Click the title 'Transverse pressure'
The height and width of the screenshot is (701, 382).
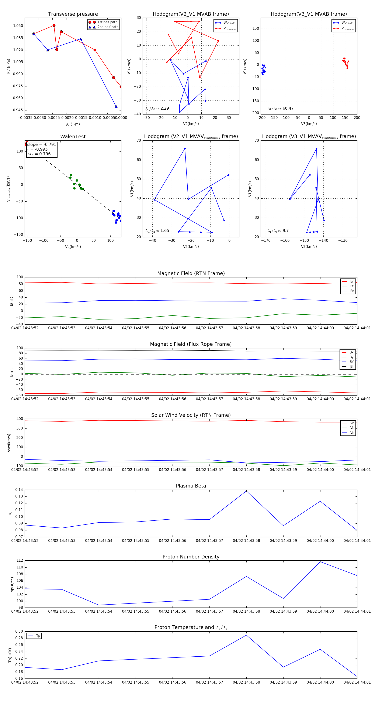[73, 14]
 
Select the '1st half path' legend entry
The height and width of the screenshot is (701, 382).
[107, 22]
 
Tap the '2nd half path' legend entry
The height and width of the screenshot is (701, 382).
[108, 27]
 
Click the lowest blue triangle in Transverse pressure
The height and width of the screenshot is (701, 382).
[116, 107]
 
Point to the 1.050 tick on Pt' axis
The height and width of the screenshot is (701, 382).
[18, 26]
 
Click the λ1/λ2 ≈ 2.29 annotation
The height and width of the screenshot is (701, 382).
[157, 108]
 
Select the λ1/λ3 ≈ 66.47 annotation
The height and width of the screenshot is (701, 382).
[281, 108]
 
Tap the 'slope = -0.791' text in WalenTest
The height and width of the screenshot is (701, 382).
[42, 144]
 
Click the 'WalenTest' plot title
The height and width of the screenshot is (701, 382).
[73, 137]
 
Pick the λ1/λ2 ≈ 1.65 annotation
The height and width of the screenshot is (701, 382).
[157, 231]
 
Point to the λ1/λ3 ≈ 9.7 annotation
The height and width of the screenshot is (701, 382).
[278, 231]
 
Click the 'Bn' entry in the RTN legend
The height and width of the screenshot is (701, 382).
[352, 291]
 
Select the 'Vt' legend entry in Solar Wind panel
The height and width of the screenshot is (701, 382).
[352, 428]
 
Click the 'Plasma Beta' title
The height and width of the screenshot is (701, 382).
[191, 486]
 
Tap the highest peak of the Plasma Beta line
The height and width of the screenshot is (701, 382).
[246, 491]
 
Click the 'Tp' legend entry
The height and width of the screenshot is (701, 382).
[38, 636]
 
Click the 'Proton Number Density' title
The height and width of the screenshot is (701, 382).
[191, 557]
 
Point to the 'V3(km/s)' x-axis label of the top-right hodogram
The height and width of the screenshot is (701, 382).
[309, 124]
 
